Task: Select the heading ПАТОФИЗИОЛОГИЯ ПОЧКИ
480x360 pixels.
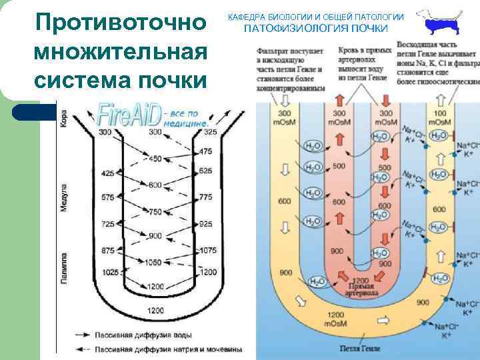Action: point(315,29)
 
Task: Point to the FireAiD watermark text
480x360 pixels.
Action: point(129,115)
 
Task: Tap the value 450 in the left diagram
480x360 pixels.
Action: point(155,159)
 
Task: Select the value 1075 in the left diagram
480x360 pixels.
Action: point(208,250)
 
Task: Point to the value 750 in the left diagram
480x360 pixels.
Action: point(155,211)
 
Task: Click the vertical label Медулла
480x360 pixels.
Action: point(64,197)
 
